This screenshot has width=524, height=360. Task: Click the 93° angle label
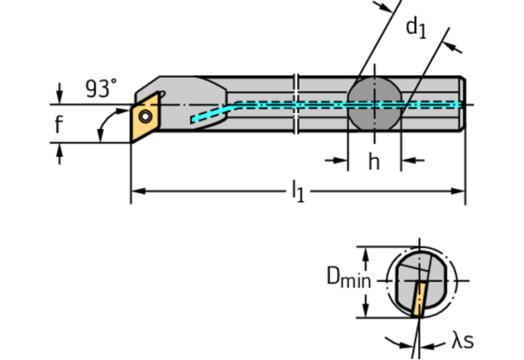[100, 88]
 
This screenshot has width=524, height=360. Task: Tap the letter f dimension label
[59, 123]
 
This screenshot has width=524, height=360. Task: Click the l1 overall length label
[297, 190]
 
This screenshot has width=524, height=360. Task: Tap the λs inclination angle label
[461, 341]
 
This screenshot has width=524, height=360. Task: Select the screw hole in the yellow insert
[145, 117]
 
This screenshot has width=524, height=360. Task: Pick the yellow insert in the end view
[421, 298]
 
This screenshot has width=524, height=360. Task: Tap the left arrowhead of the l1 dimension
[136, 190]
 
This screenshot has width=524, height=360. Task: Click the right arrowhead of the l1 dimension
[460, 190]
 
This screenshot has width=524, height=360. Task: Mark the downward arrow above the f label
[59, 94]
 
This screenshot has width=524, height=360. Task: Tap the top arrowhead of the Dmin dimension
[364, 253]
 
